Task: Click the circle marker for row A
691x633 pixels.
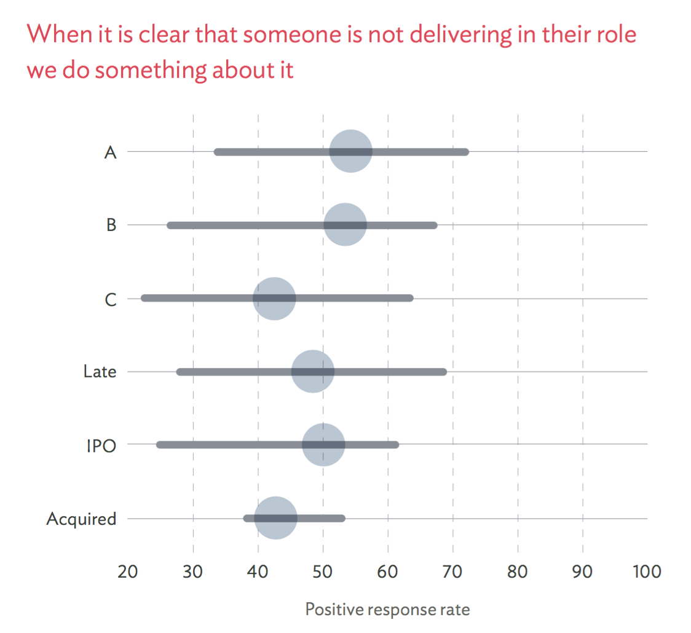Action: [350, 152]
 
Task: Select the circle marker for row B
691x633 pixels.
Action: [345, 225]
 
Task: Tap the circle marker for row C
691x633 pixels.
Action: [274, 299]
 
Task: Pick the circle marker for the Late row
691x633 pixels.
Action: [312, 372]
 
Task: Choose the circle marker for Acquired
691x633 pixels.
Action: [276, 518]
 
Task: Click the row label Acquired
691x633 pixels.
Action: [81, 519]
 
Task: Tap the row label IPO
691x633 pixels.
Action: [101, 446]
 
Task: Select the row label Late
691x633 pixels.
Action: [100, 372]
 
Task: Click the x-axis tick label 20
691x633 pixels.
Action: [127, 572]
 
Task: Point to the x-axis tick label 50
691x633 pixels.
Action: [323, 572]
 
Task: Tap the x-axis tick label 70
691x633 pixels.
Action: [453, 572]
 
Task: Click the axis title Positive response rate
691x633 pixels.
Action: [387, 610]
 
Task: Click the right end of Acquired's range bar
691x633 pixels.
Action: [342, 518]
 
